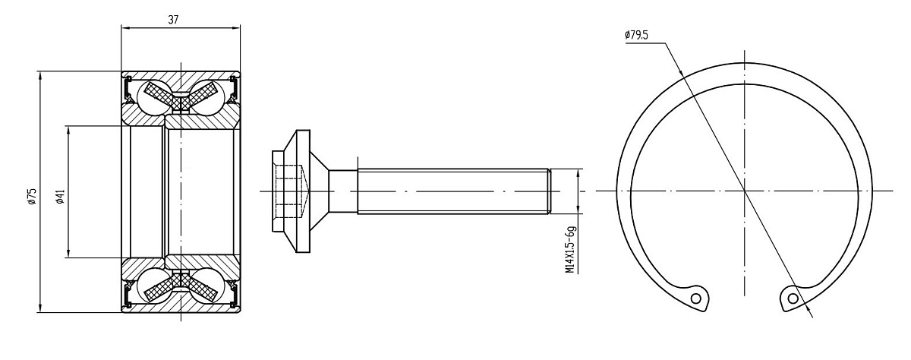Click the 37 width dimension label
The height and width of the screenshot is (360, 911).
tap(173, 20)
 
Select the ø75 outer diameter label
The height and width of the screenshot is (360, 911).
tap(33, 196)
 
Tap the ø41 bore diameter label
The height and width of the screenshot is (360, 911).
tap(60, 196)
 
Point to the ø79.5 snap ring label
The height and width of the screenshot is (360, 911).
tap(636, 35)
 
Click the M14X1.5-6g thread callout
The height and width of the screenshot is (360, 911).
tap(571, 249)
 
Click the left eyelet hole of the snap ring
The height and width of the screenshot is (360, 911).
tap(696, 299)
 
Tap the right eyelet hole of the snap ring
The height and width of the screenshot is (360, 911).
tap(793, 299)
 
